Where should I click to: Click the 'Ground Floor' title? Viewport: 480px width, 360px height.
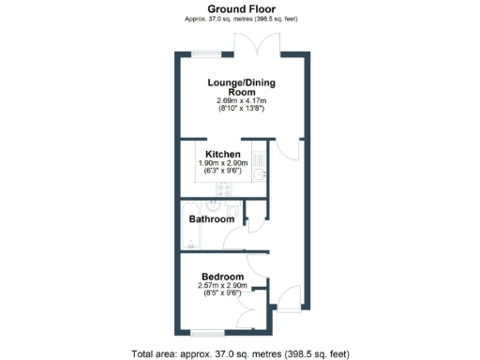click(x=239, y=7)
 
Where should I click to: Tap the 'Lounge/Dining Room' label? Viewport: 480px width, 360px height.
click(x=241, y=86)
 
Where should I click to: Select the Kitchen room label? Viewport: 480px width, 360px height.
click(x=222, y=154)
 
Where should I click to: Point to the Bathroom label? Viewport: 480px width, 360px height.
click(x=211, y=219)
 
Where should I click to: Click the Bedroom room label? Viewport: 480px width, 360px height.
click(x=222, y=277)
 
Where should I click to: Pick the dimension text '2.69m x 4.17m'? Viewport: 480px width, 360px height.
click(x=241, y=101)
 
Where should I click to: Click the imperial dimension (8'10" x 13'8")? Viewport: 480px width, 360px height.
click(x=241, y=110)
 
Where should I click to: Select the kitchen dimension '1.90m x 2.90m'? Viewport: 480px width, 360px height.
click(x=222, y=163)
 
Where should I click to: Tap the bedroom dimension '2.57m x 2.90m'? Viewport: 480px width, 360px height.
click(x=222, y=286)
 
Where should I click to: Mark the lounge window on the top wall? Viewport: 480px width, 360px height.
click(x=205, y=52)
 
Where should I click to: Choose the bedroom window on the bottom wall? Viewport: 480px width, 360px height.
click(x=206, y=332)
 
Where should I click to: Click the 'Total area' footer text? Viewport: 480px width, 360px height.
click(x=241, y=353)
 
